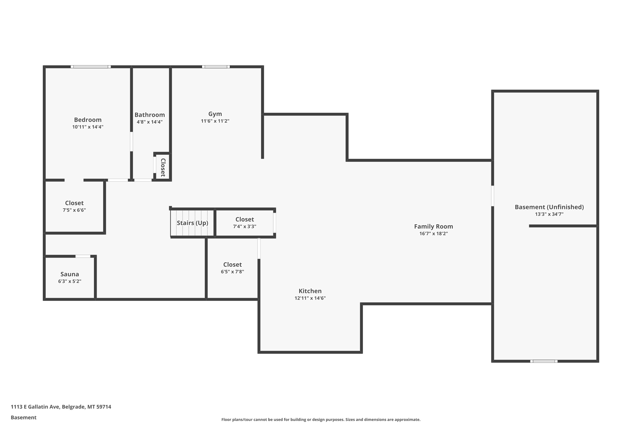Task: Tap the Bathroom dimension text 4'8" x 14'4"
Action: coord(150,122)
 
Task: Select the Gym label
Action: coord(215,114)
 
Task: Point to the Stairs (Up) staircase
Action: coord(192,223)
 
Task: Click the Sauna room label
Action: coord(70,274)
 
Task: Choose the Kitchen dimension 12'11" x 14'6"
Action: coord(310,298)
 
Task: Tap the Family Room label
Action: coord(434,227)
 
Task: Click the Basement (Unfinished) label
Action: coord(549,207)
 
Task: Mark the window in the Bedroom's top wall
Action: coord(91,67)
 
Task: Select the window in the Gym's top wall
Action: coord(216,67)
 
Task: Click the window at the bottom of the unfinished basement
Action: coord(544,361)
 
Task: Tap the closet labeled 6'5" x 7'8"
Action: coord(232,268)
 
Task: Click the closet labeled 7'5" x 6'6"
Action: coord(74,206)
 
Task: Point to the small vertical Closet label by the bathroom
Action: coord(163,167)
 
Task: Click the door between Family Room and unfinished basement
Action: coord(492,196)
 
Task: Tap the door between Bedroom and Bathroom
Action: coord(131,142)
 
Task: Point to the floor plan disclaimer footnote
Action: coord(321,419)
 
